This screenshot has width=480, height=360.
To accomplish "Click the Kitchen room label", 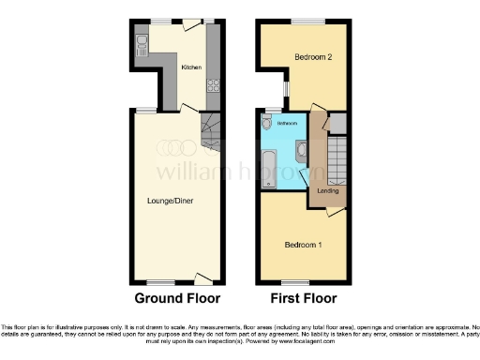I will [x=191, y=67].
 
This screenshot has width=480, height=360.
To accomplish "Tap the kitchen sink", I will [x=142, y=42].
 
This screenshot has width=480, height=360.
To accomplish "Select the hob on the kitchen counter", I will [x=212, y=87].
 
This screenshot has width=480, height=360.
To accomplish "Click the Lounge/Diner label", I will [x=170, y=201].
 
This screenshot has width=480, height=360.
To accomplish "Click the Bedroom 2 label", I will [x=313, y=57].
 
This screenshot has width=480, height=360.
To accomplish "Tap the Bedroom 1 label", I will [x=303, y=246].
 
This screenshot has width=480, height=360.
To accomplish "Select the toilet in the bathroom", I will [x=268, y=123].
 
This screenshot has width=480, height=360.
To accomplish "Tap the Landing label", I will [x=328, y=191].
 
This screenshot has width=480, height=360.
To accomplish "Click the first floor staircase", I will [x=335, y=155].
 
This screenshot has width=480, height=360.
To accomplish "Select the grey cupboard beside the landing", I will [x=337, y=122].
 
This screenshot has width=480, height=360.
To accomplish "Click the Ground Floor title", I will [x=177, y=299].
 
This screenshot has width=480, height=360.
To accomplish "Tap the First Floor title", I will [x=304, y=299].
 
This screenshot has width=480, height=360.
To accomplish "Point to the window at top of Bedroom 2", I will [x=305, y=20].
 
